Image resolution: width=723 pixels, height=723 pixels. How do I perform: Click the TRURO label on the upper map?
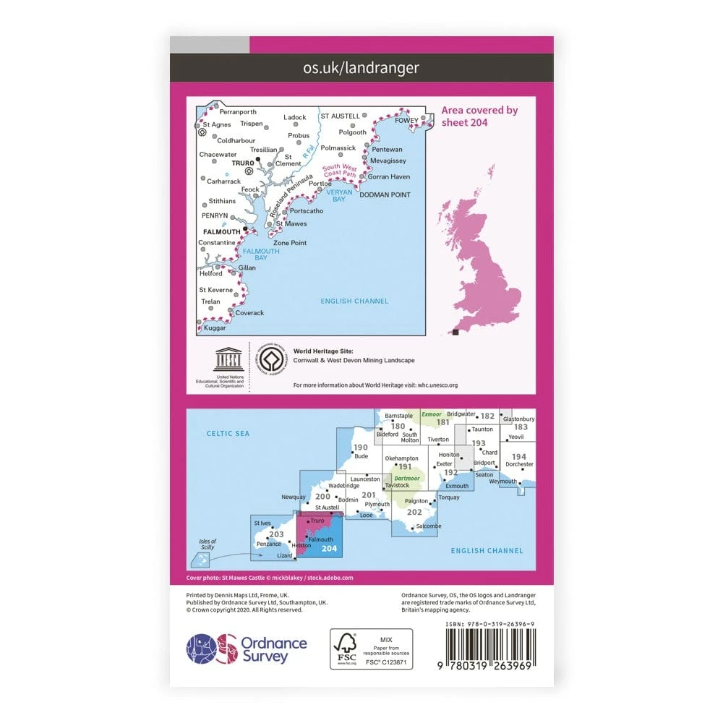(241, 163)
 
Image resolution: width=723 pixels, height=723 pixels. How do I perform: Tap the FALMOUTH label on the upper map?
(221, 231)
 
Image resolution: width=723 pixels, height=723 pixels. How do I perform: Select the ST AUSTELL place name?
(340, 116)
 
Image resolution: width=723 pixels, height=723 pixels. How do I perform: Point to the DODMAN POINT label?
(385, 194)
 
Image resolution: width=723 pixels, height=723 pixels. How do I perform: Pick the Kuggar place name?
(215, 328)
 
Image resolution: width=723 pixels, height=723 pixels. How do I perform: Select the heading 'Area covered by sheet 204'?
(479, 116)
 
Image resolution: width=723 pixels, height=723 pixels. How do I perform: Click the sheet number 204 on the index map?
(329, 548)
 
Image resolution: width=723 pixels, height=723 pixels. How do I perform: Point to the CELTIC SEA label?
(227, 433)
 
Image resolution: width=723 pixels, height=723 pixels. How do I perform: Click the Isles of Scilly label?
(208, 545)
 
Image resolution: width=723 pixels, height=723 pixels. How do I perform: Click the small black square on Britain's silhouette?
(455, 332)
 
